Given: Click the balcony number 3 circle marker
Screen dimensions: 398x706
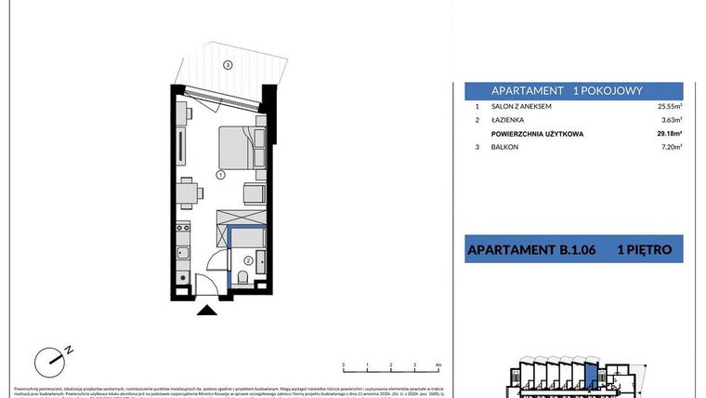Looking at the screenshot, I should (x=227, y=64).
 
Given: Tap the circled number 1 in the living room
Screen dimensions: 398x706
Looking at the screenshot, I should (x=220, y=174).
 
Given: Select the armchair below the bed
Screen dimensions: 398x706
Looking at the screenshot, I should (x=254, y=193).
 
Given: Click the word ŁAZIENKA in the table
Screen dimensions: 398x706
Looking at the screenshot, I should (x=508, y=120).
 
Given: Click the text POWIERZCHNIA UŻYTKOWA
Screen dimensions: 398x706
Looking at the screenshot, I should (x=537, y=134).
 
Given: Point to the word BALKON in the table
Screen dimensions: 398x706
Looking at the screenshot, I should (x=505, y=147).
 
